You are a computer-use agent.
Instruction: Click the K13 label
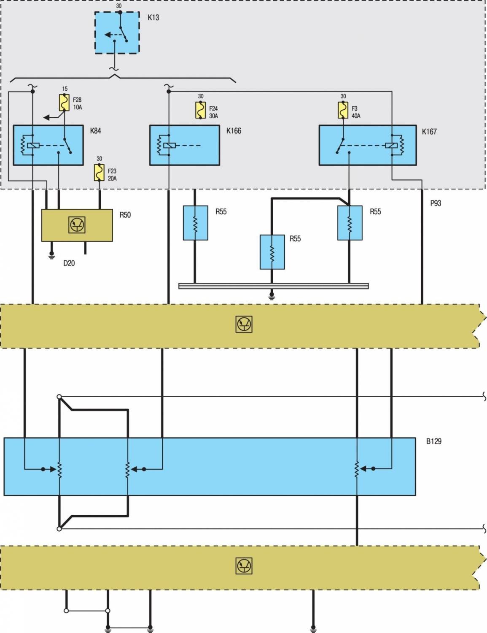(153, 17)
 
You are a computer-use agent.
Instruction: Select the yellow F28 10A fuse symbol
(64, 103)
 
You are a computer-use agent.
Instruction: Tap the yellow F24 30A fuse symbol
(200, 110)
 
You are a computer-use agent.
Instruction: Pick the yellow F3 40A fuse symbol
(343, 110)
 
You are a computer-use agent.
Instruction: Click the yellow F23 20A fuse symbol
(99, 173)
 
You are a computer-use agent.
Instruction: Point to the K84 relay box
(48, 145)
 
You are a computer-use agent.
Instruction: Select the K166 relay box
(184, 145)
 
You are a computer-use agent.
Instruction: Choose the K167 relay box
(368, 145)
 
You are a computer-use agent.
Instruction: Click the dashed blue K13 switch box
(117, 32)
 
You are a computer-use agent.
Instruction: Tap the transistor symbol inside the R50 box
(77, 225)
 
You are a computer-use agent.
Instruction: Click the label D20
(69, 263)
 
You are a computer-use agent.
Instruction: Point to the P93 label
(436, 203)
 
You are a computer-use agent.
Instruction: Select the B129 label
(434, 441)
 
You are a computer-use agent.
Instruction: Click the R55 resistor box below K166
(196, 223)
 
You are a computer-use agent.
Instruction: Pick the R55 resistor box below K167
(350, 223)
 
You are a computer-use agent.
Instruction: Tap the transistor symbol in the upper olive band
(244, 325)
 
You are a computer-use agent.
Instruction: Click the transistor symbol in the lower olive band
(244, 566)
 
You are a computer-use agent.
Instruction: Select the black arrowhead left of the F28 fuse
(46, 118)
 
